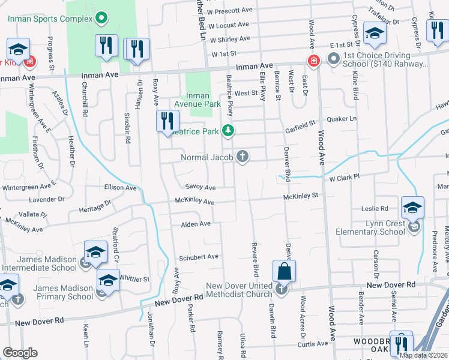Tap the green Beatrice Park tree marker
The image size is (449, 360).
(227, 130)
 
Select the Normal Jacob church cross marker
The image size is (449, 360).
(243, 157)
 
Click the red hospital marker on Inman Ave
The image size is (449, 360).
(312, 61)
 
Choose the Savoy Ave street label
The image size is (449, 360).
(200, 187)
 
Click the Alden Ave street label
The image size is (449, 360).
(196, 224)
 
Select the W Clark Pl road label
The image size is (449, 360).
(343, 177)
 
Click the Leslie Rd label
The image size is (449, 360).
(375, 208)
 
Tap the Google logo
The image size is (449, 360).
(20, 352)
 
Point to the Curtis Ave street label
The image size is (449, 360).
(313, 344)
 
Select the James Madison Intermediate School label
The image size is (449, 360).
(40, 263)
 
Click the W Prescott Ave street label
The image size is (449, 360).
(229, 10)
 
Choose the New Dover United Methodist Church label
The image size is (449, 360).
(239, 290)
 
